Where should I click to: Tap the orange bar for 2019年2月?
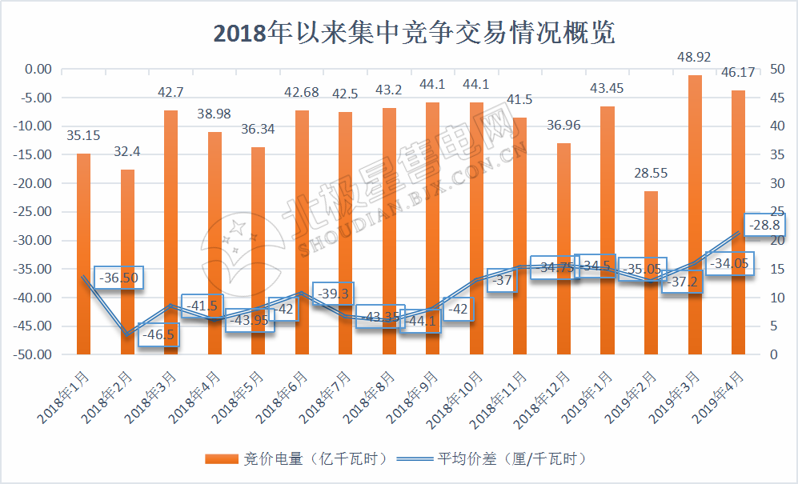coord(652,272)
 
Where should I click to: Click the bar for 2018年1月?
coord(84,253)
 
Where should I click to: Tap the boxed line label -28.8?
coord(764,226)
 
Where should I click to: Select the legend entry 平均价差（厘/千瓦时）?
coord(500,458)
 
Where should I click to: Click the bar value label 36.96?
coord(564,126)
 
